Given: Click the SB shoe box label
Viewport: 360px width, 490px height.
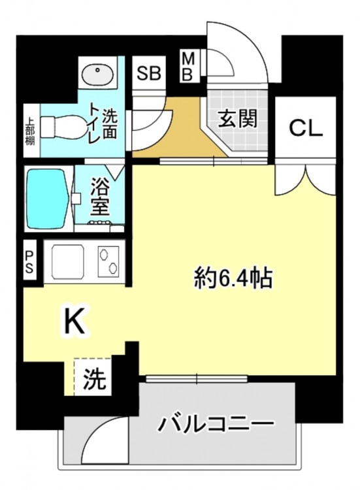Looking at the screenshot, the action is (x=149, y=73).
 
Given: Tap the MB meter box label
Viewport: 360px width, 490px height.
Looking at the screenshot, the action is (x=188, y=67).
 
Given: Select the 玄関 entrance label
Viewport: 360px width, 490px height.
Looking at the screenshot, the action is (x=238, y=118).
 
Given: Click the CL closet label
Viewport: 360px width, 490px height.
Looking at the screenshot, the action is (x=306, y=128).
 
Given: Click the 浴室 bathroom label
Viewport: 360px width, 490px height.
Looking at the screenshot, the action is (x=100, y=196).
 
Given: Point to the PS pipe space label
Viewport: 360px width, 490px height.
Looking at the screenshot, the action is (x=29, y=263).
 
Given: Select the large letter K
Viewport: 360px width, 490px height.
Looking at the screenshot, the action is (x=74, y=321).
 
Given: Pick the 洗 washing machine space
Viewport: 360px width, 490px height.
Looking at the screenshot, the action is (x=93, y=377).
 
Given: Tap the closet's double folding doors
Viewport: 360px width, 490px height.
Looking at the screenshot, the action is (x=305, y=180).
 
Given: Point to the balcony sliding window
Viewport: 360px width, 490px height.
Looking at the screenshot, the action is (x=197, y=378).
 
